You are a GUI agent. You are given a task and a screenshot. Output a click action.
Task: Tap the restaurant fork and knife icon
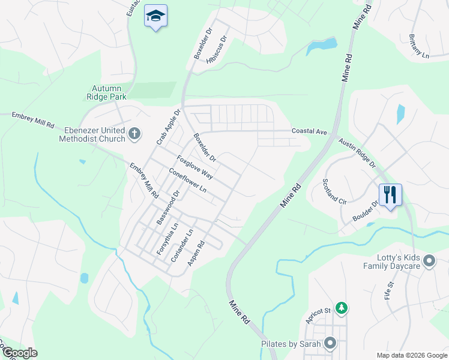pyautogui.click(x=390, y=194)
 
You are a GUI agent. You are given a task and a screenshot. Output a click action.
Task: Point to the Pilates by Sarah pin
pyautogui.click(x=330, y=343)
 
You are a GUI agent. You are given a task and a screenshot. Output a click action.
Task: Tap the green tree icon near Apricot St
pyautogui.click(x=342, y=308)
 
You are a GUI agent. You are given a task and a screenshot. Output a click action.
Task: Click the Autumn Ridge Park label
pyautogui.click(x=109, y=92)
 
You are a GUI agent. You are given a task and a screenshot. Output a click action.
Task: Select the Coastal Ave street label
pyautogui.click(x=309, y=131)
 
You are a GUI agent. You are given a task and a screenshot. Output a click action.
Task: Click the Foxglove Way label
pyautogui.click(x=195, y=167)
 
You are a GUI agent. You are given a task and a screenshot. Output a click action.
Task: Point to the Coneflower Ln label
pyautogui.click(x=187, y=180)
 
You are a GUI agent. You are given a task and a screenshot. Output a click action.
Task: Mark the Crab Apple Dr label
pyautogui.click(x=168, y=127)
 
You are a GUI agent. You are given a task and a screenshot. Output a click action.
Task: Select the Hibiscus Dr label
pyautogui.click(x=217, y=50)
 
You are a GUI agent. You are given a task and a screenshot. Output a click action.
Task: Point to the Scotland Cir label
pyautogui.click(x=335, y=192)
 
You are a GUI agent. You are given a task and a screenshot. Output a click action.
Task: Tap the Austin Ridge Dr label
pyautogui.click(x=357, y=153)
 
